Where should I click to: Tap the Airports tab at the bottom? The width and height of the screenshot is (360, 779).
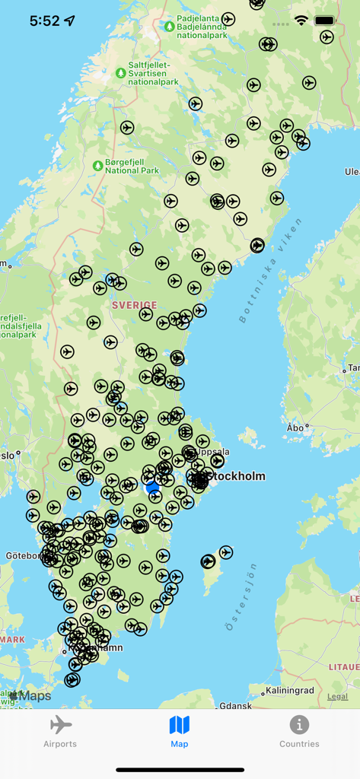pos(60,731)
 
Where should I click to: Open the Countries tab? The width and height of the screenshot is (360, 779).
pos(299,731)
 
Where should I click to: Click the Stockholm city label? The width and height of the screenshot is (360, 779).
pos(237,476)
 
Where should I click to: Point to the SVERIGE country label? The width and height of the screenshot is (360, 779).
pos(134,305)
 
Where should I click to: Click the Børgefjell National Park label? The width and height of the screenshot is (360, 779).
pos(132,166)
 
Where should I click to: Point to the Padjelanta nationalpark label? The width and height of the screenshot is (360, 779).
pos(202,27)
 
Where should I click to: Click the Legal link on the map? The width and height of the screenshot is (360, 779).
pos(337,696)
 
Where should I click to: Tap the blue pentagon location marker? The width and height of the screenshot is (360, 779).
pos(152,487)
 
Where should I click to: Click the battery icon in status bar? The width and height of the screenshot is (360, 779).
pos(325,21)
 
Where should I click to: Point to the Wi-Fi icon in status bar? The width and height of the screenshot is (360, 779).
pos(301,21)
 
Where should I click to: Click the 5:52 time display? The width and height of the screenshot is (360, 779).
pos(44,21)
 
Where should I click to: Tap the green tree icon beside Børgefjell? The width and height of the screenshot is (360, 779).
pos(97,166)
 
